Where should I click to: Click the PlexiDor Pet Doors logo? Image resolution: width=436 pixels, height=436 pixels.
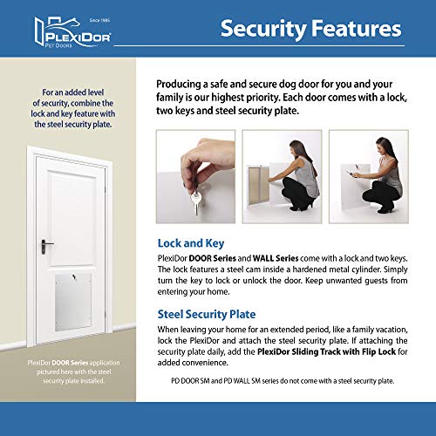(x=72, y=32)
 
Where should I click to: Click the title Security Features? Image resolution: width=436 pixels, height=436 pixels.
(x=311, y=29)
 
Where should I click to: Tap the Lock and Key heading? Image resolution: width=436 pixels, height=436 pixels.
(x=191, y=243)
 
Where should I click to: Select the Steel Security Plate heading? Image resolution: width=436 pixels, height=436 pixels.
(x=207, y=315)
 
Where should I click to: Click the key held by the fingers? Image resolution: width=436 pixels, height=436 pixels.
(x=196, y=202)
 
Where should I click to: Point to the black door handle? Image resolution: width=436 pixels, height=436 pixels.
(x=46, y=247)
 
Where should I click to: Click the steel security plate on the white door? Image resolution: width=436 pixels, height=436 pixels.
(x=73, y=302)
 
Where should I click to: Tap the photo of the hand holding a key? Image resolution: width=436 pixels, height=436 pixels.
(x=195, y=177)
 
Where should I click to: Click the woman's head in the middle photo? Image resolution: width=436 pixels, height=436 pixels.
(x=298, y=148)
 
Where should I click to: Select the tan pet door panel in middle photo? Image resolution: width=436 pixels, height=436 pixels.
(x=259, y=185)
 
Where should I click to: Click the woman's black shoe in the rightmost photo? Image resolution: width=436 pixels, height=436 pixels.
(x=388, y=208)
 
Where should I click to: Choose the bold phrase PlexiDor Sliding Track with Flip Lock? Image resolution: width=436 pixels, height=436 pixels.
(x=326, y=351)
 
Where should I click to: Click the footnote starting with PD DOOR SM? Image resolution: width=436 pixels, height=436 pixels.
(x=283, y=381)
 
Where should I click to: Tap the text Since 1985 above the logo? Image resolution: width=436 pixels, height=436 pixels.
(x=99, y=20)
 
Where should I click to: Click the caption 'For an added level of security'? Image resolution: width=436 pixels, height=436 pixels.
(x=73, y=108)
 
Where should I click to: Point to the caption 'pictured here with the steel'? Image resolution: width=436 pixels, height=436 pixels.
(x=74, y=371)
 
